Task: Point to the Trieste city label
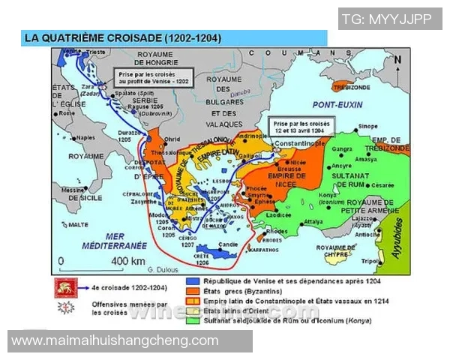[x=97, y=52]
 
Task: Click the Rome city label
[x=67, y=113]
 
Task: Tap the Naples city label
[x=85, y=137]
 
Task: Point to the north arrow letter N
[x=397, y=59]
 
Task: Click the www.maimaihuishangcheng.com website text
[x=115, y=340]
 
